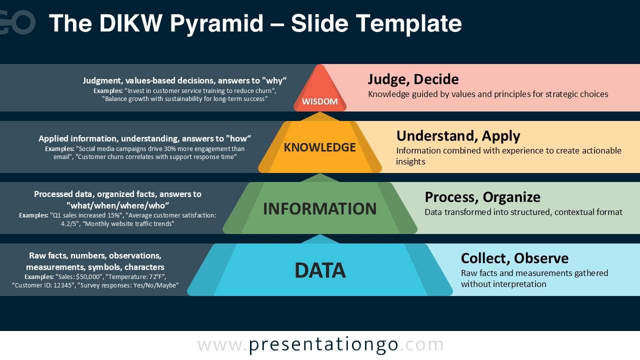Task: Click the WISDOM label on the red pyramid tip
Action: point(319,101)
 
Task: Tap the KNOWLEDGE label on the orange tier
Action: point(319,147)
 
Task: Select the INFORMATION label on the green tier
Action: point(319,208)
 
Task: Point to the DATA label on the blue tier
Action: point(320,270)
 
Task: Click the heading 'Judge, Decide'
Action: point(413,79)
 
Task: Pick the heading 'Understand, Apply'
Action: point(458,136)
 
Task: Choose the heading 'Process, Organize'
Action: point(482,197)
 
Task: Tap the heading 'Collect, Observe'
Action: point(514,258)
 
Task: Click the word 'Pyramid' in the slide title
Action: point(216,24)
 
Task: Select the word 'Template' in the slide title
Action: point(409,24)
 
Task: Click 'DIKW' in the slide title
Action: point(131,23)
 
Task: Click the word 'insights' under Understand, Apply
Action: point(410,161)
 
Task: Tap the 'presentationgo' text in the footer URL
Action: point(323,345)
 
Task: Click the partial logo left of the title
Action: point(17,22)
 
